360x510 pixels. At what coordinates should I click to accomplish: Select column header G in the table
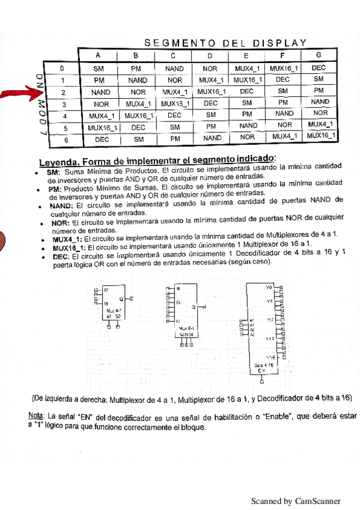(319, 55)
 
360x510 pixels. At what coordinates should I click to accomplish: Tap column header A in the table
(99, 56)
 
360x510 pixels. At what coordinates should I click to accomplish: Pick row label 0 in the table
(62, 69)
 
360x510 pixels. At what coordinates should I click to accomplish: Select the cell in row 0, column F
(283, 69)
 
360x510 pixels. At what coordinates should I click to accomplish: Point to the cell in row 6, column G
(321, 136)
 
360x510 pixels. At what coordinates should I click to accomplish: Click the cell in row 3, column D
(210, 103)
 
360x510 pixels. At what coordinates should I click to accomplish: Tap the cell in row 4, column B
(138, 115)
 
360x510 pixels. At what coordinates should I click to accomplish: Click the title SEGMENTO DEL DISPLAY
(225, 43)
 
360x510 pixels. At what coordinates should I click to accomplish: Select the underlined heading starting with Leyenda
(157, 161)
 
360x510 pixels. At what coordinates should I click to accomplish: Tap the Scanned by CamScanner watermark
(295, 500)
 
